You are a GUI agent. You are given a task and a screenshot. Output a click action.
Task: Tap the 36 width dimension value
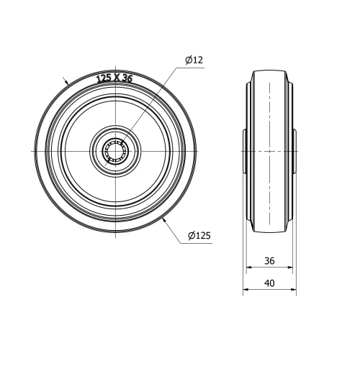(269, 261)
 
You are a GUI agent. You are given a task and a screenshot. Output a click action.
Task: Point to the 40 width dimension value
(269, 283)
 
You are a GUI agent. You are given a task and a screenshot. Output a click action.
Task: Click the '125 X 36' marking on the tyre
(114, 78)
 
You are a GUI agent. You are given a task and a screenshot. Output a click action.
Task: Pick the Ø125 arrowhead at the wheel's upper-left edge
(67, 84)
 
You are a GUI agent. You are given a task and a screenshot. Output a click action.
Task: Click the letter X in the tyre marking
(115, 78)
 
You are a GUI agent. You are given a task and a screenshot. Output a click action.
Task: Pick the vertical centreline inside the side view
(269, 180)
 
